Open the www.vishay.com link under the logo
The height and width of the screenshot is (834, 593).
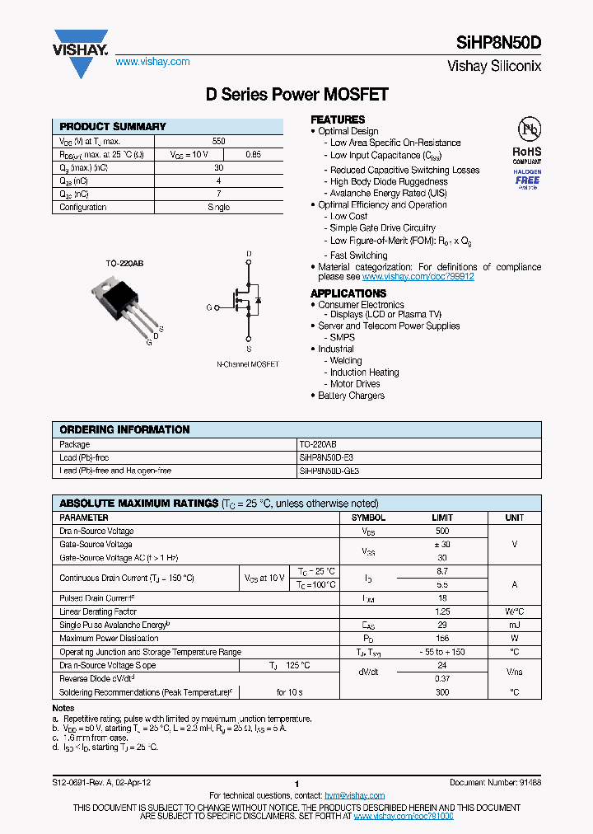(152, 62)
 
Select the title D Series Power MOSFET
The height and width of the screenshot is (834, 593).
(296, 95)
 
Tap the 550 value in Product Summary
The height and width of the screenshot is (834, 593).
(218, 142)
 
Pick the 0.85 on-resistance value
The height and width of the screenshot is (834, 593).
(254, 154)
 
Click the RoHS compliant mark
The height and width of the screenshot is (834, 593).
(527, 152)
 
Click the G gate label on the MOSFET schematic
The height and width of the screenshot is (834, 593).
(209, 307)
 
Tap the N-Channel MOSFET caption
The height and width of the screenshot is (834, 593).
(248, 364)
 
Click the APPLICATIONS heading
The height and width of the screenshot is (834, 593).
(348, 293)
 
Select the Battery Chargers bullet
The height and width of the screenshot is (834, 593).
(352, 396)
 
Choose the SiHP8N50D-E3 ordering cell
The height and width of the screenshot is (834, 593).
(326, 457)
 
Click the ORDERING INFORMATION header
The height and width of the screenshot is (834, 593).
(124, 429)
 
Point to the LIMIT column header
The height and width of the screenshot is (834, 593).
(442, 518)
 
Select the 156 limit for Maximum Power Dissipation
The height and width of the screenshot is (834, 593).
(442, 639)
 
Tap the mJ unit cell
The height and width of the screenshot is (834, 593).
(515, 625)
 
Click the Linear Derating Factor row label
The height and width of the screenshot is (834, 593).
(98, 612)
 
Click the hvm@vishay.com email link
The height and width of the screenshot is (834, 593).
(354, 795)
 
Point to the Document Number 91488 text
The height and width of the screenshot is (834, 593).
(495, 782)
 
